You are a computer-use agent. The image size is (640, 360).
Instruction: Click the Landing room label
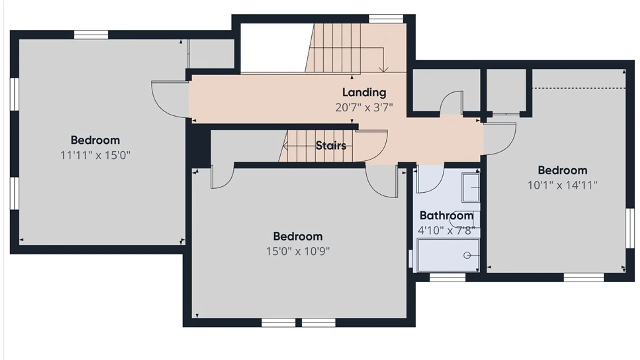(364, 93)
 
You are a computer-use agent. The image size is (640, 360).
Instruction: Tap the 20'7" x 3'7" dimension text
(364, 107)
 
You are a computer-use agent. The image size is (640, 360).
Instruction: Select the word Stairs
(331, 145)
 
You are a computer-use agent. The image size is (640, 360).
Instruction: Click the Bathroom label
(447, 216)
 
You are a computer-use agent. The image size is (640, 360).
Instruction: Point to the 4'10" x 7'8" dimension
(447, 230)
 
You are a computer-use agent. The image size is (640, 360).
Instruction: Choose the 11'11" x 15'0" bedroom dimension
(95, 155)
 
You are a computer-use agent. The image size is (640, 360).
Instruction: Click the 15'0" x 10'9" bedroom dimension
(298, 251)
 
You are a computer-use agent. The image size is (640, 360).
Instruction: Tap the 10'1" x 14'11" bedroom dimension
(563, 185)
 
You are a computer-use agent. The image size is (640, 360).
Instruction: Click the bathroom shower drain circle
(467, 255)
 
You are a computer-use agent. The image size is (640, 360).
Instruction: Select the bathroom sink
(471, 187)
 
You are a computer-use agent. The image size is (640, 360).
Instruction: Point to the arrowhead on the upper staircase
(384, 70)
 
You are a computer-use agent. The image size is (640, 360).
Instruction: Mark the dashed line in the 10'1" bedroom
(578, 88)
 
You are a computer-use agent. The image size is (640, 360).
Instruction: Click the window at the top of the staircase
(386, 19)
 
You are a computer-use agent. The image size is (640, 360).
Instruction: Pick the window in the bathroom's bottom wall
(447, 277)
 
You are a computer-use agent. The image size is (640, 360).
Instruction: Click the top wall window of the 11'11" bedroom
(91, 35)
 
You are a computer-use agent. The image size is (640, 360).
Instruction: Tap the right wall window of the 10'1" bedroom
(630, 228)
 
